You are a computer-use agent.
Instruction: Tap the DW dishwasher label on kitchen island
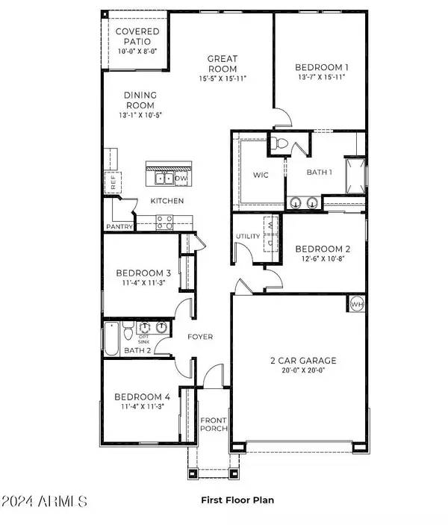point(180,178)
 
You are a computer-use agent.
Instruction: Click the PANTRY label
point(119,227)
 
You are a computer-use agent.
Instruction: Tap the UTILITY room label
point(248,237)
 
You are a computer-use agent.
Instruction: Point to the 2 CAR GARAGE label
point(302,360)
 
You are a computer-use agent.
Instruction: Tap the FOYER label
point(199,337)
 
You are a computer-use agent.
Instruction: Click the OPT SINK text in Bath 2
point(145,340)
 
